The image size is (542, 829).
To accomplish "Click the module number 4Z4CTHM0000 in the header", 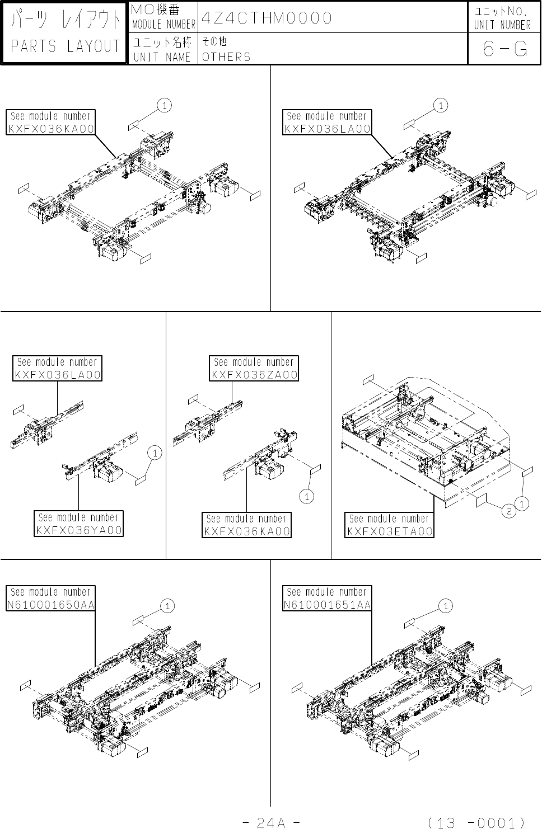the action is pos(267,18).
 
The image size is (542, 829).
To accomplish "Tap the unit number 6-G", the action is pos(504,49).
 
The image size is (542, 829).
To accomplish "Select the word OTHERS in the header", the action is pos(226,57).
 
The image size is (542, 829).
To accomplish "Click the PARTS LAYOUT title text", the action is pos(66,46).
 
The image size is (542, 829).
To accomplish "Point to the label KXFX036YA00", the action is pos(80,530).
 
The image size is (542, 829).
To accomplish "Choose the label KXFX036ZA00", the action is pos(255,375).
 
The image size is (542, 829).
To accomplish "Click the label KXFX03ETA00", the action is pos(390,531).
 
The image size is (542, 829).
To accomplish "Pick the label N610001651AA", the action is pos(328,605).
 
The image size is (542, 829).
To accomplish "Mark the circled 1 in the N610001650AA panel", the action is pos(167,606).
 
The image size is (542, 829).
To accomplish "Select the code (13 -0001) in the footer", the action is pos(475,822).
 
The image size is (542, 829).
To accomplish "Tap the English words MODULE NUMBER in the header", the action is pos(163,25).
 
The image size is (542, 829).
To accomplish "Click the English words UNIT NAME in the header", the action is pos(162,57).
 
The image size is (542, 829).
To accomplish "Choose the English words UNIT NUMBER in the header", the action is pos(502,25).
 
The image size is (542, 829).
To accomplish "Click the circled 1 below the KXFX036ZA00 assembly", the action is pos(306,496).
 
